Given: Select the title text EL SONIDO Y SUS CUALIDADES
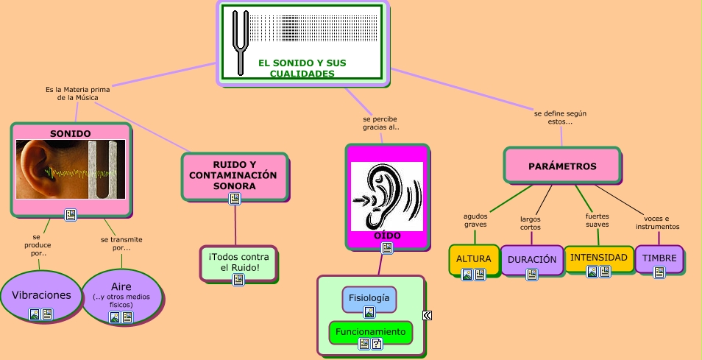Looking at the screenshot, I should [302, 68].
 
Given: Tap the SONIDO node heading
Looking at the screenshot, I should [71, 133].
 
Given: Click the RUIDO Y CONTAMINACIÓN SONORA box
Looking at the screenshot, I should [233, 175].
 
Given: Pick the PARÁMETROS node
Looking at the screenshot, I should [562, 166].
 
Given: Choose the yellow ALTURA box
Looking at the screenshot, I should [473, 259].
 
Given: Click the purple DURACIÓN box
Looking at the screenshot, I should [531, 259].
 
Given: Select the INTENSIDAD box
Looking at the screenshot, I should [599, 258].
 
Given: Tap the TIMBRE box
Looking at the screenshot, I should [659, 258].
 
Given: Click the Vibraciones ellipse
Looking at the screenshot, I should [41, 295].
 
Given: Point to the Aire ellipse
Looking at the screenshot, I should [121, 291].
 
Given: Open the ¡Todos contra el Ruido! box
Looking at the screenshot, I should [238, 261].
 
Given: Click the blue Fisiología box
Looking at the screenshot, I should [369, 298].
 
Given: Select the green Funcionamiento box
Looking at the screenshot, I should [370, 332].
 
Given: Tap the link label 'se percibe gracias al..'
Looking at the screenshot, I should [380, 122].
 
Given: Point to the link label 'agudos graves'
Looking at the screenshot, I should [475, 220].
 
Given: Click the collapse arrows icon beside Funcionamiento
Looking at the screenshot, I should [427, 316].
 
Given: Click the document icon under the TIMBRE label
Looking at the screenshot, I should [659, 272].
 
